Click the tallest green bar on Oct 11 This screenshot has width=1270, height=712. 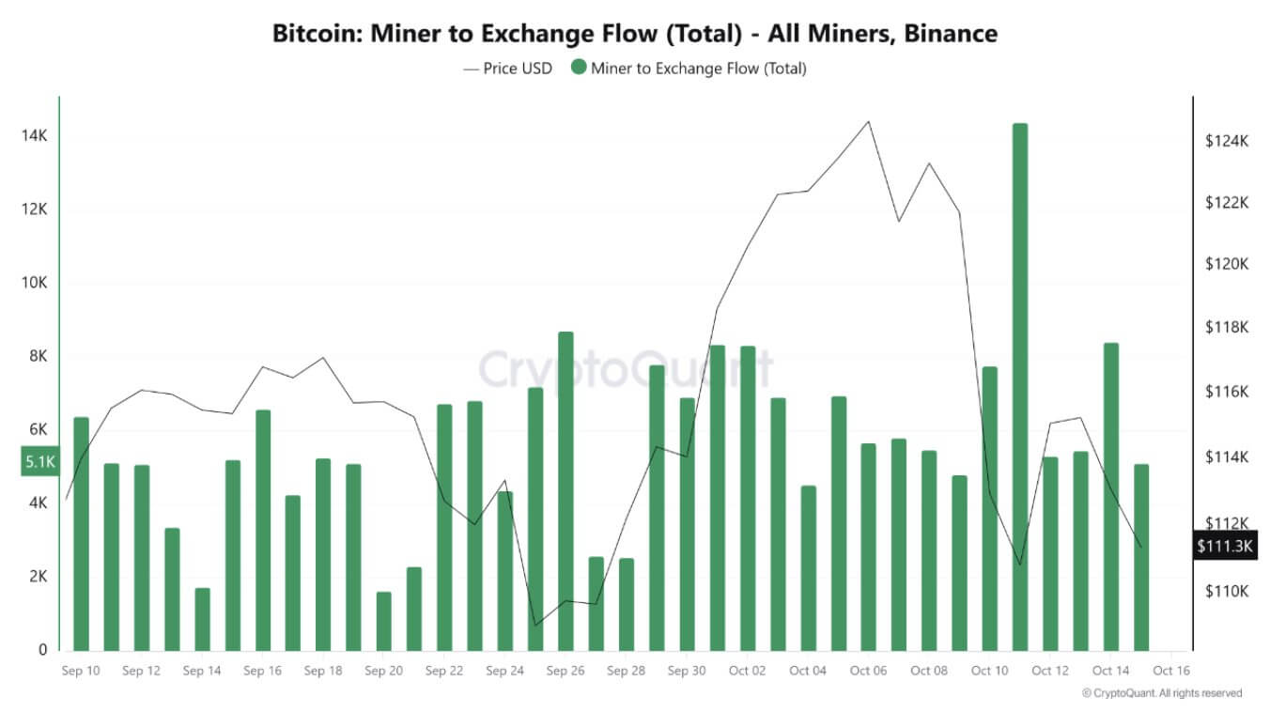pyautogui.click(x=1020, y=386)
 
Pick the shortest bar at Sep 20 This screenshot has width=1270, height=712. pyautogui.click(x=383, y=621)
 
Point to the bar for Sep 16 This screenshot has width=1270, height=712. pyautogui.click(x=263, y=530)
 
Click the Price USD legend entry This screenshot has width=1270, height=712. pyautogui.click(x=507, y=68)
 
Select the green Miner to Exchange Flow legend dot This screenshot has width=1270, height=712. pyautogui.click(x=579, y=68)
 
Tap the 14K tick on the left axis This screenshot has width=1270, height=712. pyautogui.click(x=35, y=136)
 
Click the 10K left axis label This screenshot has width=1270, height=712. pyautogui.click(x=35, y=283)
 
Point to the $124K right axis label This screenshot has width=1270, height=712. pyautogui.click(x=1227, y=141)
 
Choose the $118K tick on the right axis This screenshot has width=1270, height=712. pyautogui.click(x=1227, y=328)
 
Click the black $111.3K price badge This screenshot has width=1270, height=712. pyautogui.click(x=1225, y=546)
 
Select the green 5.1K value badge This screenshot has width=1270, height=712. pyautogui.click(x=40, y=461)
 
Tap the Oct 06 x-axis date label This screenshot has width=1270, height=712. pyautogui.click(x=868, y=671)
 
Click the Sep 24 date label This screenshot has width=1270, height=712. pyautogui.click(x=504, y=671)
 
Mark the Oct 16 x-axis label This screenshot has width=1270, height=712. pyautogui.click(x=1171, y=671)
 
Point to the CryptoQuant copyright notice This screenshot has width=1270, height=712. pyautogui.click(x=1161, y=693)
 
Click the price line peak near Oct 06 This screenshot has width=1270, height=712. pyautogui.click(x=868, y=121)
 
